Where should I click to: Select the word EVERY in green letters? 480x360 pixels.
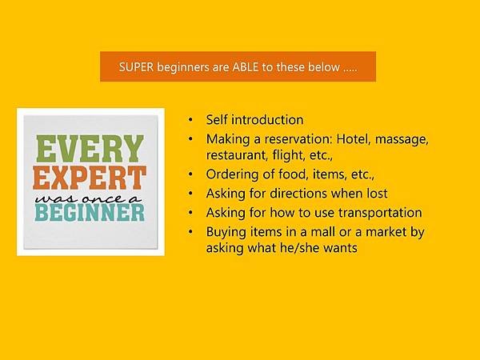90,149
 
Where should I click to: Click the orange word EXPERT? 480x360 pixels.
90,178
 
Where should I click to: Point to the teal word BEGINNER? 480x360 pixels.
90,213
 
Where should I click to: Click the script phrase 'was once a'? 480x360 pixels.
89,199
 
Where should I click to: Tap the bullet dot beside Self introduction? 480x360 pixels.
190,120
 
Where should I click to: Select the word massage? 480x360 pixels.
402,140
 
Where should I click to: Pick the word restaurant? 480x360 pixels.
234,155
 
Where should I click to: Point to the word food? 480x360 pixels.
293,174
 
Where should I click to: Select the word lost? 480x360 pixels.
377,194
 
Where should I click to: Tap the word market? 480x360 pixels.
386,232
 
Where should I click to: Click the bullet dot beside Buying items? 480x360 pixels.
190,232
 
